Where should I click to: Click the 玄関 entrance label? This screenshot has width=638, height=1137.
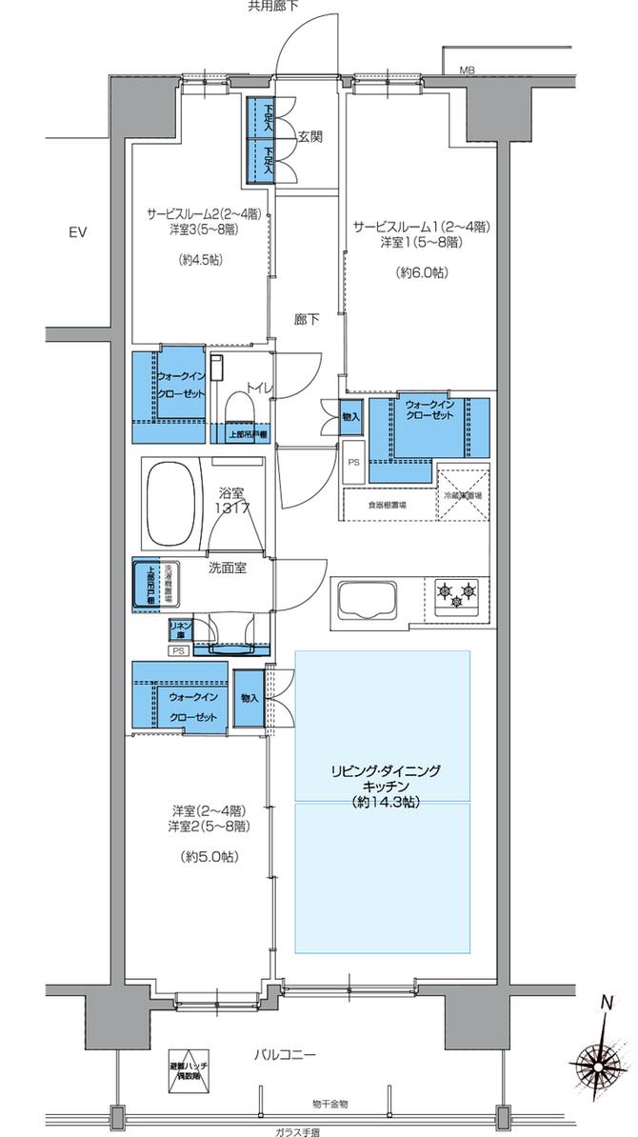click(309, 137)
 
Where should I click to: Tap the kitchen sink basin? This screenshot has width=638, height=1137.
click(367, 600)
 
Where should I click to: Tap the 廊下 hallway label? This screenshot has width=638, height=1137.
click(307, 320)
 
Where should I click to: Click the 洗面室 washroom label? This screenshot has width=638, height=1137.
click(228, 568)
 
